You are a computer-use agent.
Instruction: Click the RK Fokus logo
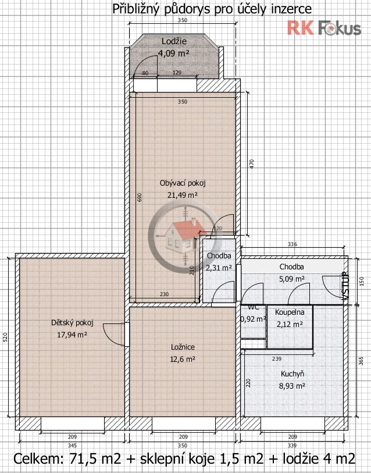(x=324, y=28)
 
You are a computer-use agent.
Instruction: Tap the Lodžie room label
(x=174, y=41)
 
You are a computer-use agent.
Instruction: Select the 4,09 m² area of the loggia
(x=174, y=53)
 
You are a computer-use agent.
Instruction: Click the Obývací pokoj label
(x=183, y=183)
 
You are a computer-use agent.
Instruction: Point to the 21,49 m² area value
(x=183, y=195)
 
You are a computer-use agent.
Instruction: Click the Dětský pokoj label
(x=72, y=323)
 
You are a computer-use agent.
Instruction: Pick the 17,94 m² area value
(x=72, y=335)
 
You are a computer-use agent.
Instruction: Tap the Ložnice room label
(x=183, y=347)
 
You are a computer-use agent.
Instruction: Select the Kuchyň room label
(x=292, y=374)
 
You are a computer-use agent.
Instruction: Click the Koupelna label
(x=290, y=312)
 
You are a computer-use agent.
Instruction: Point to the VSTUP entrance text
(x=345, y=286)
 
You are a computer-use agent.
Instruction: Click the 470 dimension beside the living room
(x=252, y=164)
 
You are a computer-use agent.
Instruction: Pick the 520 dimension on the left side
(x=5, y=337)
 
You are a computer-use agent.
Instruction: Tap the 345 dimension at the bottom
(x=72, y=445)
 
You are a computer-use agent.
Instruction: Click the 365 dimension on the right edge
(x=361, y=361)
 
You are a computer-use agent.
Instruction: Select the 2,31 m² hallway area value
(x=219, y=268)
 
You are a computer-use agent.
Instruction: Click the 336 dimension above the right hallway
(x=292, y=244)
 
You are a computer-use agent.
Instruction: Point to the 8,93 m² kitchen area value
(x=292, y=386)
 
